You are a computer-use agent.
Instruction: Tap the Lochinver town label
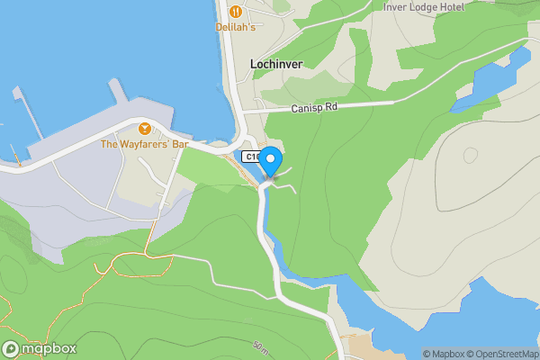[275, 65]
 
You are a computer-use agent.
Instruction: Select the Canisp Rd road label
[313, 108]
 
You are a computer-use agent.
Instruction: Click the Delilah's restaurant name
[235, 28]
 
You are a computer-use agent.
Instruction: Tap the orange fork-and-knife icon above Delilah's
[235, 12]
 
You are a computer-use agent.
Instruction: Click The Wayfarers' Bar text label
[144, 144]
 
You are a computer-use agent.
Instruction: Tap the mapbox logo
[40, 349]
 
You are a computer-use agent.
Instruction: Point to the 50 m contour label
[260, 346]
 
